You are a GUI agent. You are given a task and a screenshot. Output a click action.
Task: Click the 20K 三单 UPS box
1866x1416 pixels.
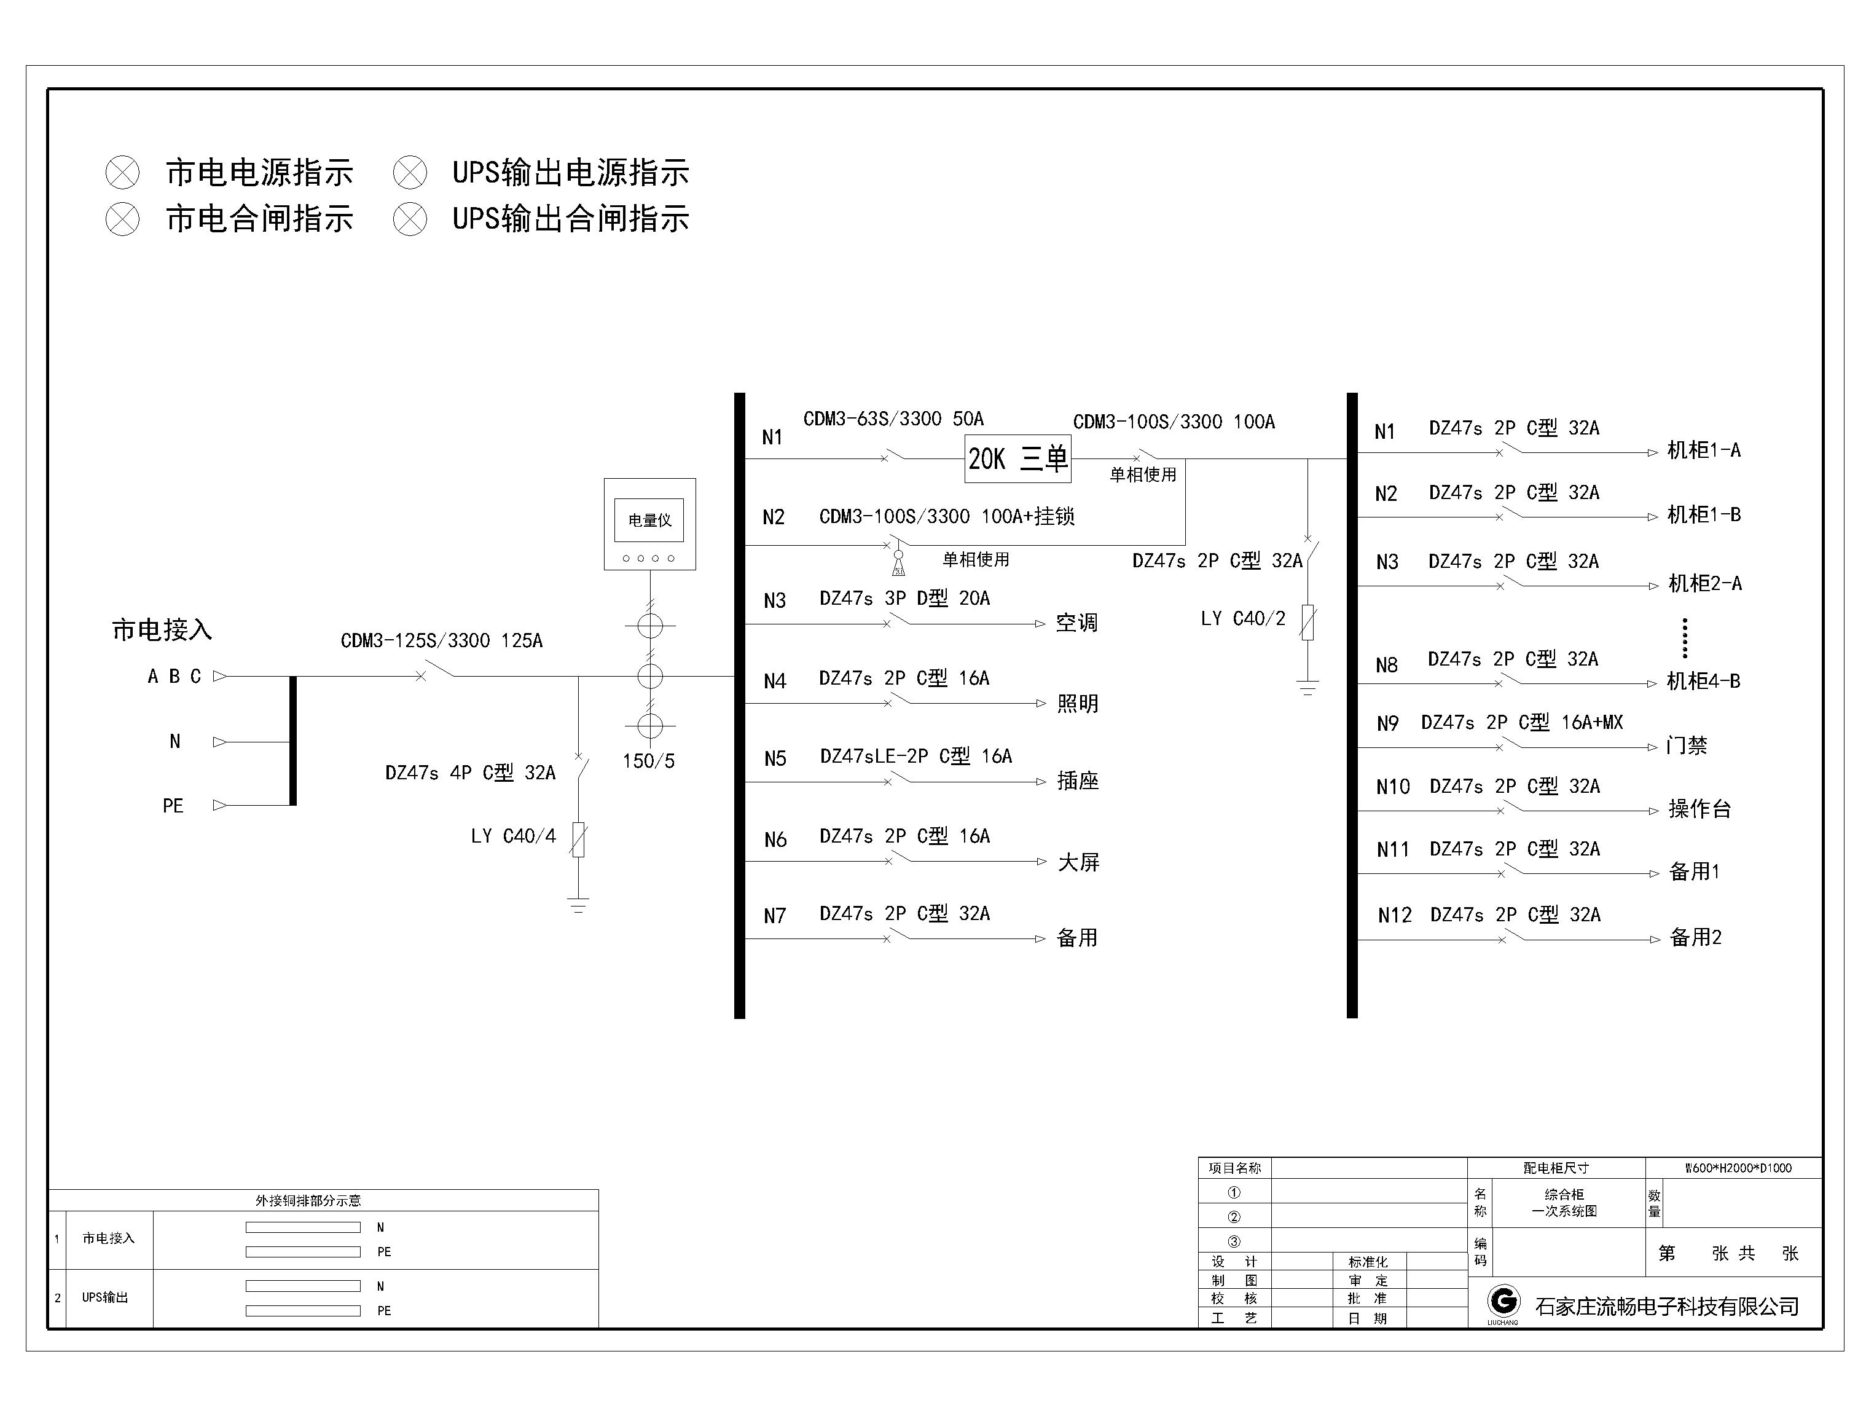[1017, 459]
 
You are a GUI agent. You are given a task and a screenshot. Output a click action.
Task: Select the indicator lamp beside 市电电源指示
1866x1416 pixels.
[122, 173]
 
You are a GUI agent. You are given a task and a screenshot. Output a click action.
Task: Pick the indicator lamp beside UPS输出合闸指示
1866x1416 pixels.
[410, 219]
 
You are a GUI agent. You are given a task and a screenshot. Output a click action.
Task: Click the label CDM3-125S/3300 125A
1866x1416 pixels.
[441, 640]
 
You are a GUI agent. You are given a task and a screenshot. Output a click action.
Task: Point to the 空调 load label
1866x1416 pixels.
[1076, 623]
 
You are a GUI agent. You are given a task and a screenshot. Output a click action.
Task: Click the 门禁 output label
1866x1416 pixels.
[1687, 745]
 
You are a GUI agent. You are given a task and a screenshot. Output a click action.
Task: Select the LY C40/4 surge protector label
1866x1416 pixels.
[513, 836]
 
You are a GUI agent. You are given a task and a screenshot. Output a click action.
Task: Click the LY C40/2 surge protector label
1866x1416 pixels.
[1242, 618]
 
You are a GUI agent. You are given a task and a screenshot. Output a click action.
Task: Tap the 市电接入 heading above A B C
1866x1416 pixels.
[162, 629]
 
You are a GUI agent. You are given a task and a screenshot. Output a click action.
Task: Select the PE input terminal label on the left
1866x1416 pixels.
[173, 806]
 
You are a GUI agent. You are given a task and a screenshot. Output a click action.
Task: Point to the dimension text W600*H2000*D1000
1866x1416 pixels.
[1738, 1168]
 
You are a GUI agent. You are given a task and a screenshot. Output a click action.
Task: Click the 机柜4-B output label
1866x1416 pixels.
[1703, 681]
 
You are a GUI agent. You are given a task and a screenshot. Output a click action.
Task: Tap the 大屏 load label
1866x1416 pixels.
[1078, 862]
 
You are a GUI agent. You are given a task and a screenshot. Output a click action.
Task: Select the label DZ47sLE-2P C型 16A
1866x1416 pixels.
[915, 756]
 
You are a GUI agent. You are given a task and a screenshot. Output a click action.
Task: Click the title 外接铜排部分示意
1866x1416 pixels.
[308, 1200]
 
